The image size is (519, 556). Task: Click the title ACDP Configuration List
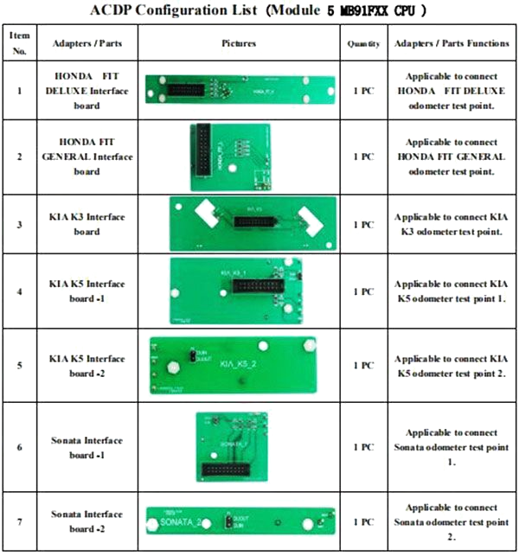pyautogui.click(x=259, y=11)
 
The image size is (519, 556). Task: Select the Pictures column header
pyautogui.click(x=239, y=42)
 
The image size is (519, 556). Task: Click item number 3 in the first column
pyautogui.click(x=19, y=225)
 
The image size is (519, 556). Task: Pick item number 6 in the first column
pyautogui.click(x=19, y=447)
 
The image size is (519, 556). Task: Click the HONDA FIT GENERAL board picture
pyautogui.click(x=231, y=157)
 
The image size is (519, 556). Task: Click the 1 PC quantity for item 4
pyautogui.click(x=362, y=291)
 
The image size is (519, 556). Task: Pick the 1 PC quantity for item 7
pyautogui.click(x=362, y=521)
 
